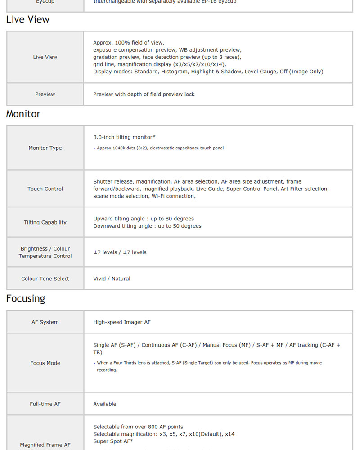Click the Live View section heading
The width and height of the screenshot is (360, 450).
[x=28, y=19]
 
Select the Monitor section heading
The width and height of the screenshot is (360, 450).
[x=23, y=114]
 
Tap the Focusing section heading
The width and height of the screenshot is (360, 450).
[x=26, y=298]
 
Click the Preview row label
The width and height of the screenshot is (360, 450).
[x=45, y=94]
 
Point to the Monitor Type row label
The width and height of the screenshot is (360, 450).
[x=45, y=148]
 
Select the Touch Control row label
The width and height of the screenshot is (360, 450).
[x=45, y=189]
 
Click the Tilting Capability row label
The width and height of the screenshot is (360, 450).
[x=45, y=222]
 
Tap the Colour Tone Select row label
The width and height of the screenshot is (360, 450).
[x=45, y=279]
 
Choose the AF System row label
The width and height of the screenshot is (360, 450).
[x=45, y=322]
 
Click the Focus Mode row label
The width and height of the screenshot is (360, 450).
[x=45, y=363]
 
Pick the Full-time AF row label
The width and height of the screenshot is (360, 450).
[x=45, y=404]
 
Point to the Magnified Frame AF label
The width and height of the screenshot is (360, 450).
[x=45, y=445]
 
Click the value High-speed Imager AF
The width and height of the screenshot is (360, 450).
[x=122, y=322]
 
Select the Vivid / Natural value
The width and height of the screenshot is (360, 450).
[x=112, y=279]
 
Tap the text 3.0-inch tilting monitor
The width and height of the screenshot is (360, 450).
[x=124, y=137]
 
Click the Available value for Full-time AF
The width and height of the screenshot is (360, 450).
[x=105, y=404]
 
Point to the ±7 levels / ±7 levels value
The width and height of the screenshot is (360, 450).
[x=120, y=252]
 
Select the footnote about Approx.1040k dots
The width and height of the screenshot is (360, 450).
[x=160, y=148]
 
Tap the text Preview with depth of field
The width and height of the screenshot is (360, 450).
[x=144, y=94]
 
